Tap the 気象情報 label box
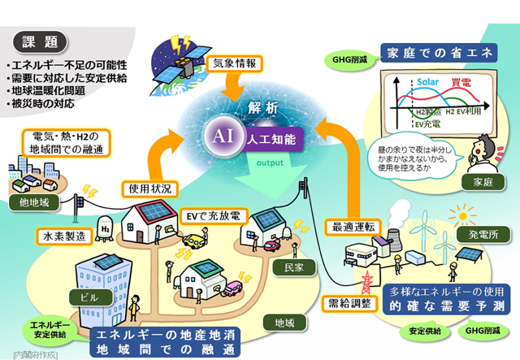pyautogui.click(x=236, y=63)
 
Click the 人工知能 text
pyautogui.click(x=272, y=137)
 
